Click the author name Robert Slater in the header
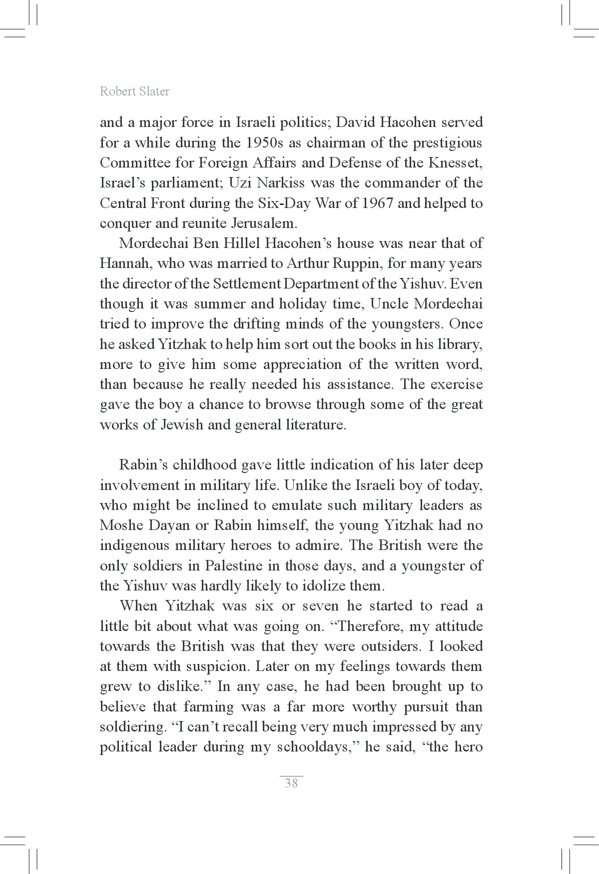pyautogui.click(x=134, y=91)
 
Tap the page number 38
pyautogui.click(x=291, y=783)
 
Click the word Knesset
pyautogui.click(x=455, y=163)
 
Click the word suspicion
pyautogui.click(x=215, y=667)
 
